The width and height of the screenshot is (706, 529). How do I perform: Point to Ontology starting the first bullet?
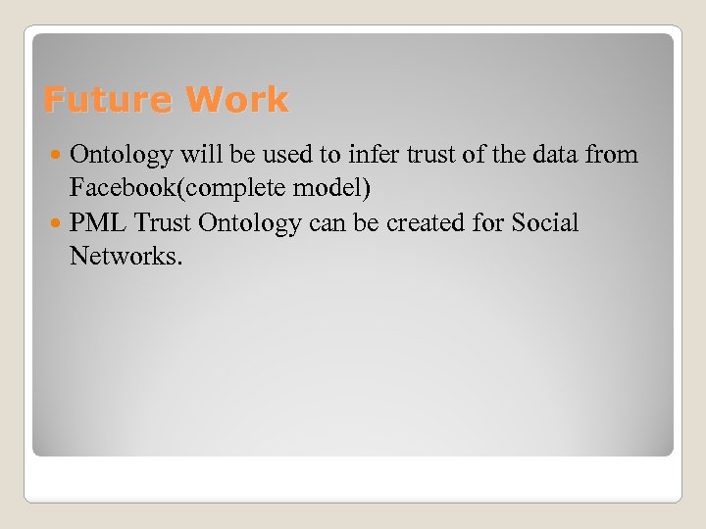click(x=122, y=155)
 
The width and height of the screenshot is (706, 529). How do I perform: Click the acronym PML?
click(x=98, y=223)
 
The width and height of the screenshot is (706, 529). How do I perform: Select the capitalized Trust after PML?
click(x=163, y=223)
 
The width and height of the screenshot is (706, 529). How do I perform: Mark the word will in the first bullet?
click(x=198, y=155)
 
